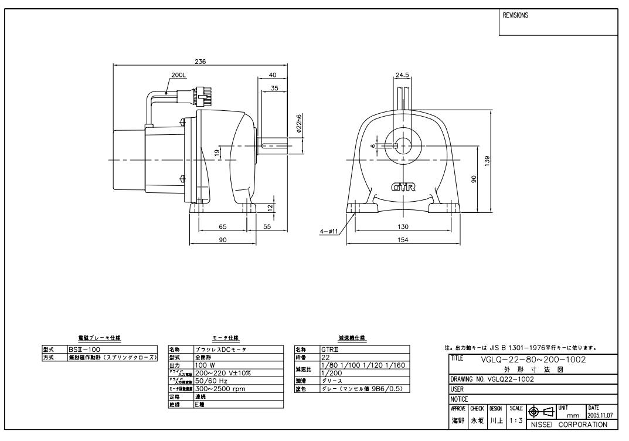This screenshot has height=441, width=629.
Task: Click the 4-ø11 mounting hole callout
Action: point(328,231)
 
